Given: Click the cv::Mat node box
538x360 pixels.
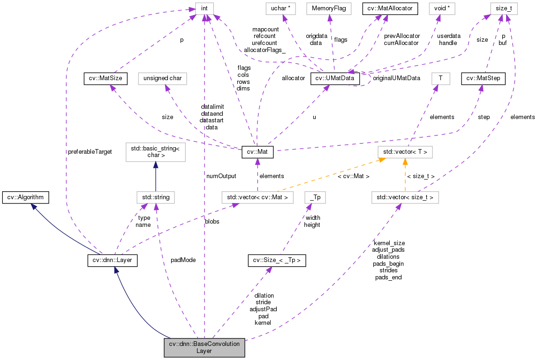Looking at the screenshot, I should point(257,152).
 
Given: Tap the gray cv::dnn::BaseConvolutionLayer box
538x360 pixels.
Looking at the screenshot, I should point(205,347).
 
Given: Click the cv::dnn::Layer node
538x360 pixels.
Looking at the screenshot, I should point(112,260).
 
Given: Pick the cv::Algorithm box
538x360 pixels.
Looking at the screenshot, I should point(25,197).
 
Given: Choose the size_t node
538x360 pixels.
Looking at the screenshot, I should point(501,8).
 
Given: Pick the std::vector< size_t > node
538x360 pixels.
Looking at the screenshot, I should point(405,197).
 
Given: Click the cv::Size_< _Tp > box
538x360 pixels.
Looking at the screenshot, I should point(277,260).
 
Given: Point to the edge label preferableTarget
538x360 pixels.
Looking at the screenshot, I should point(90,152).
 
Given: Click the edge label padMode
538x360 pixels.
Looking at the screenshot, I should point(183,260).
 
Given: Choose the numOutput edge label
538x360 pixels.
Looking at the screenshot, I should point(221,176).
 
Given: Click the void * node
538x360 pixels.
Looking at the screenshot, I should point(441,8).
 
